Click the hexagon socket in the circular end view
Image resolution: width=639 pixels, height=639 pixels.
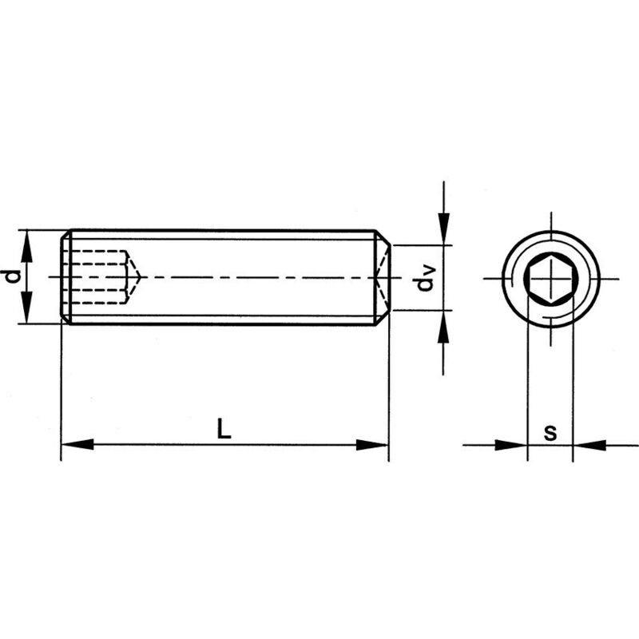coord(550,279)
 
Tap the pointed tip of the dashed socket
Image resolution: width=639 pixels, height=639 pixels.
coord(140,277)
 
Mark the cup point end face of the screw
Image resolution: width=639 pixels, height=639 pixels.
coord(387,277)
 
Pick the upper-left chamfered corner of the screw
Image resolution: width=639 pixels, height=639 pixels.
coord(65,235)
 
